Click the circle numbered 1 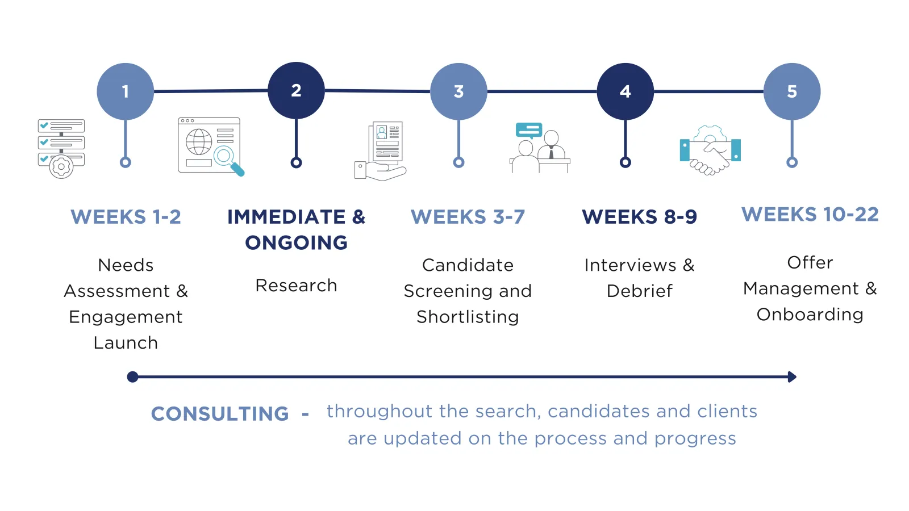(x=126, y=91)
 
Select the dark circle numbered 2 (x=296, y=90)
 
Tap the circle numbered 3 (x=458, y=91)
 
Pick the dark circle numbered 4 (x=626, y=91)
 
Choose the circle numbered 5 (x=792, y=91)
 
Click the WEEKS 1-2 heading (x=126, y=216)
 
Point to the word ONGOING (x=296, y=242)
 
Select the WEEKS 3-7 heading (x=468, y=216)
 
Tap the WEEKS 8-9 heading (x=640, y=216)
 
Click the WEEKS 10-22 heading (x=810, y=214)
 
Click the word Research (x=296, y=286)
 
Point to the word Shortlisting (x=468, y=317)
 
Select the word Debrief (x=640, y=291)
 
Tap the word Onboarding (x=810, y=315)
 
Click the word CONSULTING (x=220, y=414)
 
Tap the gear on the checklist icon (x=61, y=167)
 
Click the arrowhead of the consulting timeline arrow (x=792, y=377)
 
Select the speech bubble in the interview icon (x=529, y=131)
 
